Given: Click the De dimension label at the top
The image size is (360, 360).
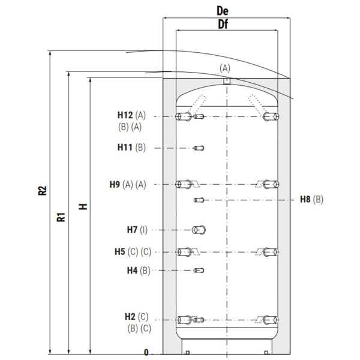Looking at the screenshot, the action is coord(223,11).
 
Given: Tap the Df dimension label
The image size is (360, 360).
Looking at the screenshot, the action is coord(223,24).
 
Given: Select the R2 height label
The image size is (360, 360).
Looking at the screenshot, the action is coord(42,191).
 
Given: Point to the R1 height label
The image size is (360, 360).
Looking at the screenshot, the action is coord(61,217).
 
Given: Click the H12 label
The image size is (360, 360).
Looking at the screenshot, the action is coord(125,115).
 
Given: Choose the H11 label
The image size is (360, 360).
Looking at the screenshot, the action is coord(125,148).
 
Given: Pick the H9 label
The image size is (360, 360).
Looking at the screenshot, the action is coord(115,184).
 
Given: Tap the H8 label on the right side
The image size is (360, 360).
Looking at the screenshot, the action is coord(305,199).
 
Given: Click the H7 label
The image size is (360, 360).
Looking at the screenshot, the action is coord(132,230).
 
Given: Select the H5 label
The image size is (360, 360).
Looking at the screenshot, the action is coord(120,251).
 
